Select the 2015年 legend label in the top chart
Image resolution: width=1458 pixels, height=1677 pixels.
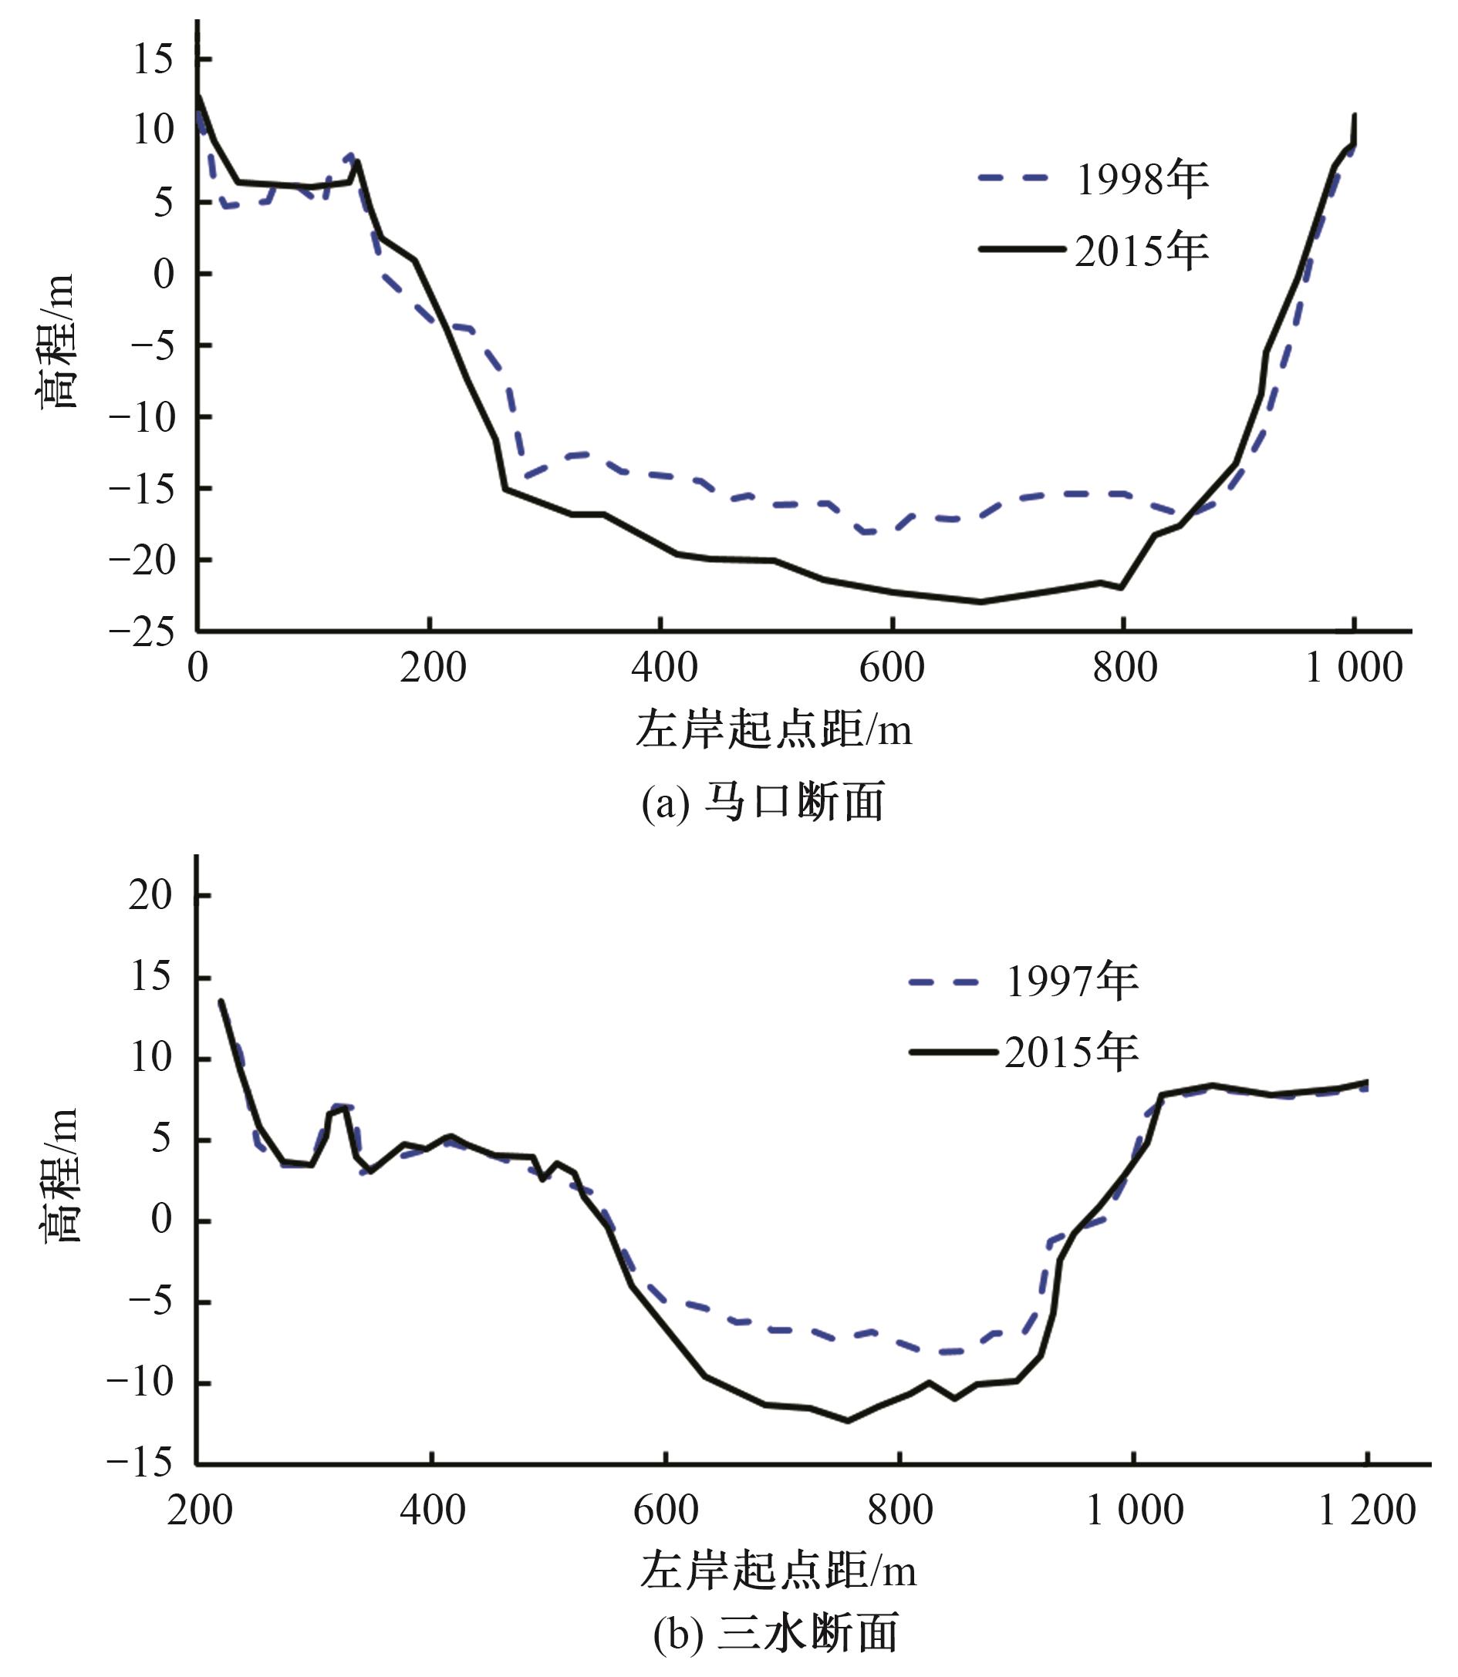(x=1142, y=251)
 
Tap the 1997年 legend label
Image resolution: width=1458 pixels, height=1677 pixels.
(x=1072, y=981)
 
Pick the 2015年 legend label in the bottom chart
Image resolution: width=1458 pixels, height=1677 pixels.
(x=1072, y=1052)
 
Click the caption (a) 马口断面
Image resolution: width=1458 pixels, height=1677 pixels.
(x=762, y=803)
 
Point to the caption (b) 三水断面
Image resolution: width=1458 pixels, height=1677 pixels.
(x=775, y=1633)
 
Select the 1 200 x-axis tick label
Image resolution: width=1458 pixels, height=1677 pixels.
(x=1366, y=1511)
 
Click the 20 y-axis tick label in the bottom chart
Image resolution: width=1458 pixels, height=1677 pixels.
(x=151, y=895)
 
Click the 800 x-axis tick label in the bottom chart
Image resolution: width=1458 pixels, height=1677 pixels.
(x=899, y=1511)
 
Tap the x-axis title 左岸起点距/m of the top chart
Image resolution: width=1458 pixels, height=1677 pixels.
(x=773, y=729)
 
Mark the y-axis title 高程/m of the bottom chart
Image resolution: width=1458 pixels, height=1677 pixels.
(x=60, y=1175)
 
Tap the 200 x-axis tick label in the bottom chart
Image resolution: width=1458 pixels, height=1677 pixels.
(x=199, y=1511)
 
